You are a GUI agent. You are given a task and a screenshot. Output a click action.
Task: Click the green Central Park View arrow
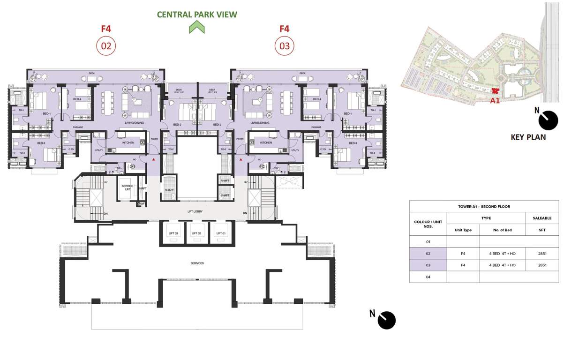pyautogui.click(x=197, y=28)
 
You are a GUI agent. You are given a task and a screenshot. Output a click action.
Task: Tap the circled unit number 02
pyautogui.click(x=106, y=46)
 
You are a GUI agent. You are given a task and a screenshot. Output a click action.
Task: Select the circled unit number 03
pyautogui.click(x=284, y=46)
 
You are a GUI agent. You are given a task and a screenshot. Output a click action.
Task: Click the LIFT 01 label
pyautogui.click(x=221, y=233)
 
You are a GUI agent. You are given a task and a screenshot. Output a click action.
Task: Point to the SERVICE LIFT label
pyautogui.click(x=128, y=188)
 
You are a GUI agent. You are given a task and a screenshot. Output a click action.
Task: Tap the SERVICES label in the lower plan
pyautogui.click(x=197, y=263)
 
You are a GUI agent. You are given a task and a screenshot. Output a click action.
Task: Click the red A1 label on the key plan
pyautogui.click(x=495, y=100)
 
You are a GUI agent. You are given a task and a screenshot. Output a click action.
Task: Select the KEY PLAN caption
pyautogui.click(x=528, y=137)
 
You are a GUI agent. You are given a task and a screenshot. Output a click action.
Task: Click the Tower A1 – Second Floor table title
pyautogui.click(x=484, y=206)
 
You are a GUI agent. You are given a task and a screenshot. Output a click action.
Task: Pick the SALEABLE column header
pyautogui.click(x=542, y=218)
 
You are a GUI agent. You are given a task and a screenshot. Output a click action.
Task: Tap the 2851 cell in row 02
pyautogui.click(x=542, y=254)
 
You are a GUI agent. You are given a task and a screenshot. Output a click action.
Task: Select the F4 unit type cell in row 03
pyautogui.click(x=463, y=265)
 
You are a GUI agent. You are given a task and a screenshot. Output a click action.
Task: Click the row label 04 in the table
pyautogui.click(x=428, y=277)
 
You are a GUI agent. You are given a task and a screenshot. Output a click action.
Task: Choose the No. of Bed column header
pyautogui.click(x=502, y=230)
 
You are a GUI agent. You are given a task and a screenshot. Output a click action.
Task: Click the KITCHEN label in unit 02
pyautogui.click(x=128, y=143)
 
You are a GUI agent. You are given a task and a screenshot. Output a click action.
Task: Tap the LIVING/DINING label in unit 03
pyautogui.click(x=260, y=123)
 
